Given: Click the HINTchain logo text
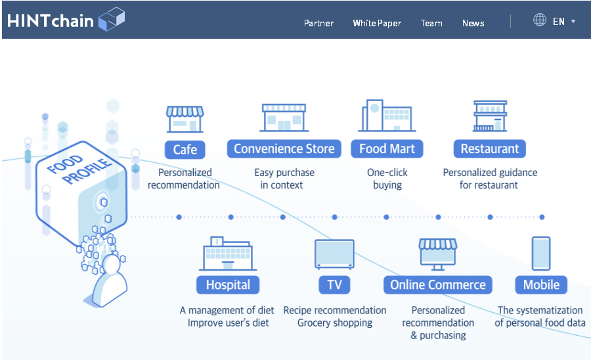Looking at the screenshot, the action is [50, 21].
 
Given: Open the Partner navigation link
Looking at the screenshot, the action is [318, 24].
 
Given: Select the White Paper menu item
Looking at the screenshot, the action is [377, 24].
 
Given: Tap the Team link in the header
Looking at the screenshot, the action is [431, 24].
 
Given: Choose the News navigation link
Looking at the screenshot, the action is [473, 24].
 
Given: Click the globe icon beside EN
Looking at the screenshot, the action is [540, 20].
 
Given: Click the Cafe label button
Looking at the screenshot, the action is [185, 150].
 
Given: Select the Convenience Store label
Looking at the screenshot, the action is [284, 149].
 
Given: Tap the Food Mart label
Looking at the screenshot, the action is [387, 149].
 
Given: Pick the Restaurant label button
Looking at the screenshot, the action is [490, 149].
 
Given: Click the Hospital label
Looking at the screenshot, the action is [228, 285].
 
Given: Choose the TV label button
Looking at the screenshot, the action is [334, 285].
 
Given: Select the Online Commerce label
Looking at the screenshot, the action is [438, 285].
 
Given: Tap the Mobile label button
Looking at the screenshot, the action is [541, 285].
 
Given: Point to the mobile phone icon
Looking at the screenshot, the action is [541, 254].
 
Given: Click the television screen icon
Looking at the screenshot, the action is [335, 254].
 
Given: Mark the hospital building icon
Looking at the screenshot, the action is [228, 254].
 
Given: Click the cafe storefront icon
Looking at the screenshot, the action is [185, 119].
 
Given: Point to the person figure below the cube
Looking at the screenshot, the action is [110, 281].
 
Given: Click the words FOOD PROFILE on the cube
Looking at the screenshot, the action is [79, 169].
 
